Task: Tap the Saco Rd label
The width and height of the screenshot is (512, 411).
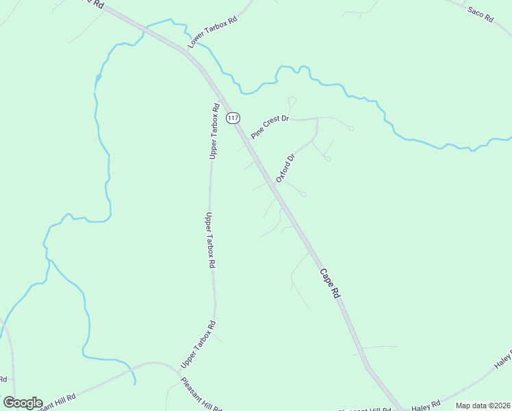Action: pos(481,14)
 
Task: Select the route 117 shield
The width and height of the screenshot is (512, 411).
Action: pos(233,118)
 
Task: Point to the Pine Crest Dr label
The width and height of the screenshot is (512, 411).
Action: pos(271,127)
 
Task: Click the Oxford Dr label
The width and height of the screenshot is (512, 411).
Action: pos(285,168)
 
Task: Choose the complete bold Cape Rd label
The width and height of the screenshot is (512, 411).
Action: pos(329,282)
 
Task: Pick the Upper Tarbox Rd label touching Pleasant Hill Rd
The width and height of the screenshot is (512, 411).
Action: pos(199,343)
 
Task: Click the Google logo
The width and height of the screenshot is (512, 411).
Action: pos(23,403)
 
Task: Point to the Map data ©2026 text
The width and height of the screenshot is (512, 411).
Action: pos(483,406)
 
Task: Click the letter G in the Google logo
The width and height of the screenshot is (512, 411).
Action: pos(9,403)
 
